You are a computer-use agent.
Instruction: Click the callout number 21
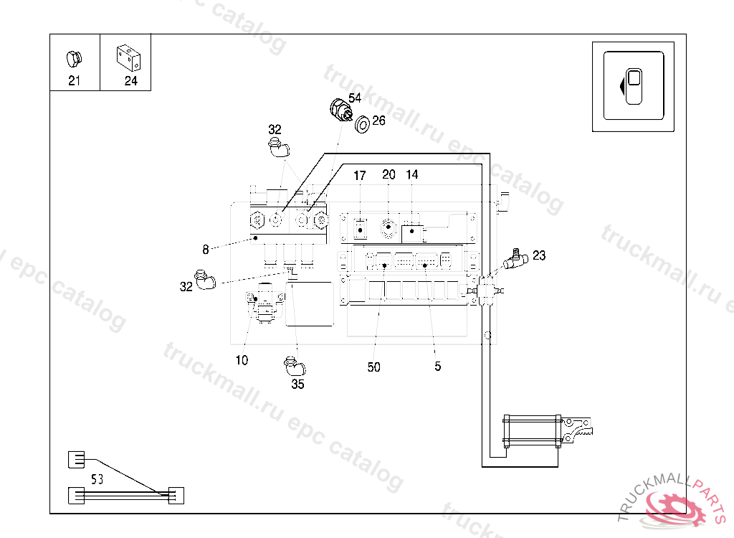click(75, 80)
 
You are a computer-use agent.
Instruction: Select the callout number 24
click(130, 80)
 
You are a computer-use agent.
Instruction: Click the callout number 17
click(360, 175)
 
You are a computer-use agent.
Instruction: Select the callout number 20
click(389, 174)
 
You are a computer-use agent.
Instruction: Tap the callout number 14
click(412, 174)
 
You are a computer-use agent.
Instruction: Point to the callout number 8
click(206, 250)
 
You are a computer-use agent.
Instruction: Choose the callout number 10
click(242, 360)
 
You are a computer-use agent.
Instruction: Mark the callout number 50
click(373, 367)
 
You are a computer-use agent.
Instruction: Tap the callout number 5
click(437, 367)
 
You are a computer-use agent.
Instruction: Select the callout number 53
click(97, 479)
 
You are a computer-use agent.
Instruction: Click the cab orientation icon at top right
click(634, 86)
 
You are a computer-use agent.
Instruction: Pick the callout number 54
click(356, 97)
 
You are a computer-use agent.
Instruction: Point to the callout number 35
click(297, 384)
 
